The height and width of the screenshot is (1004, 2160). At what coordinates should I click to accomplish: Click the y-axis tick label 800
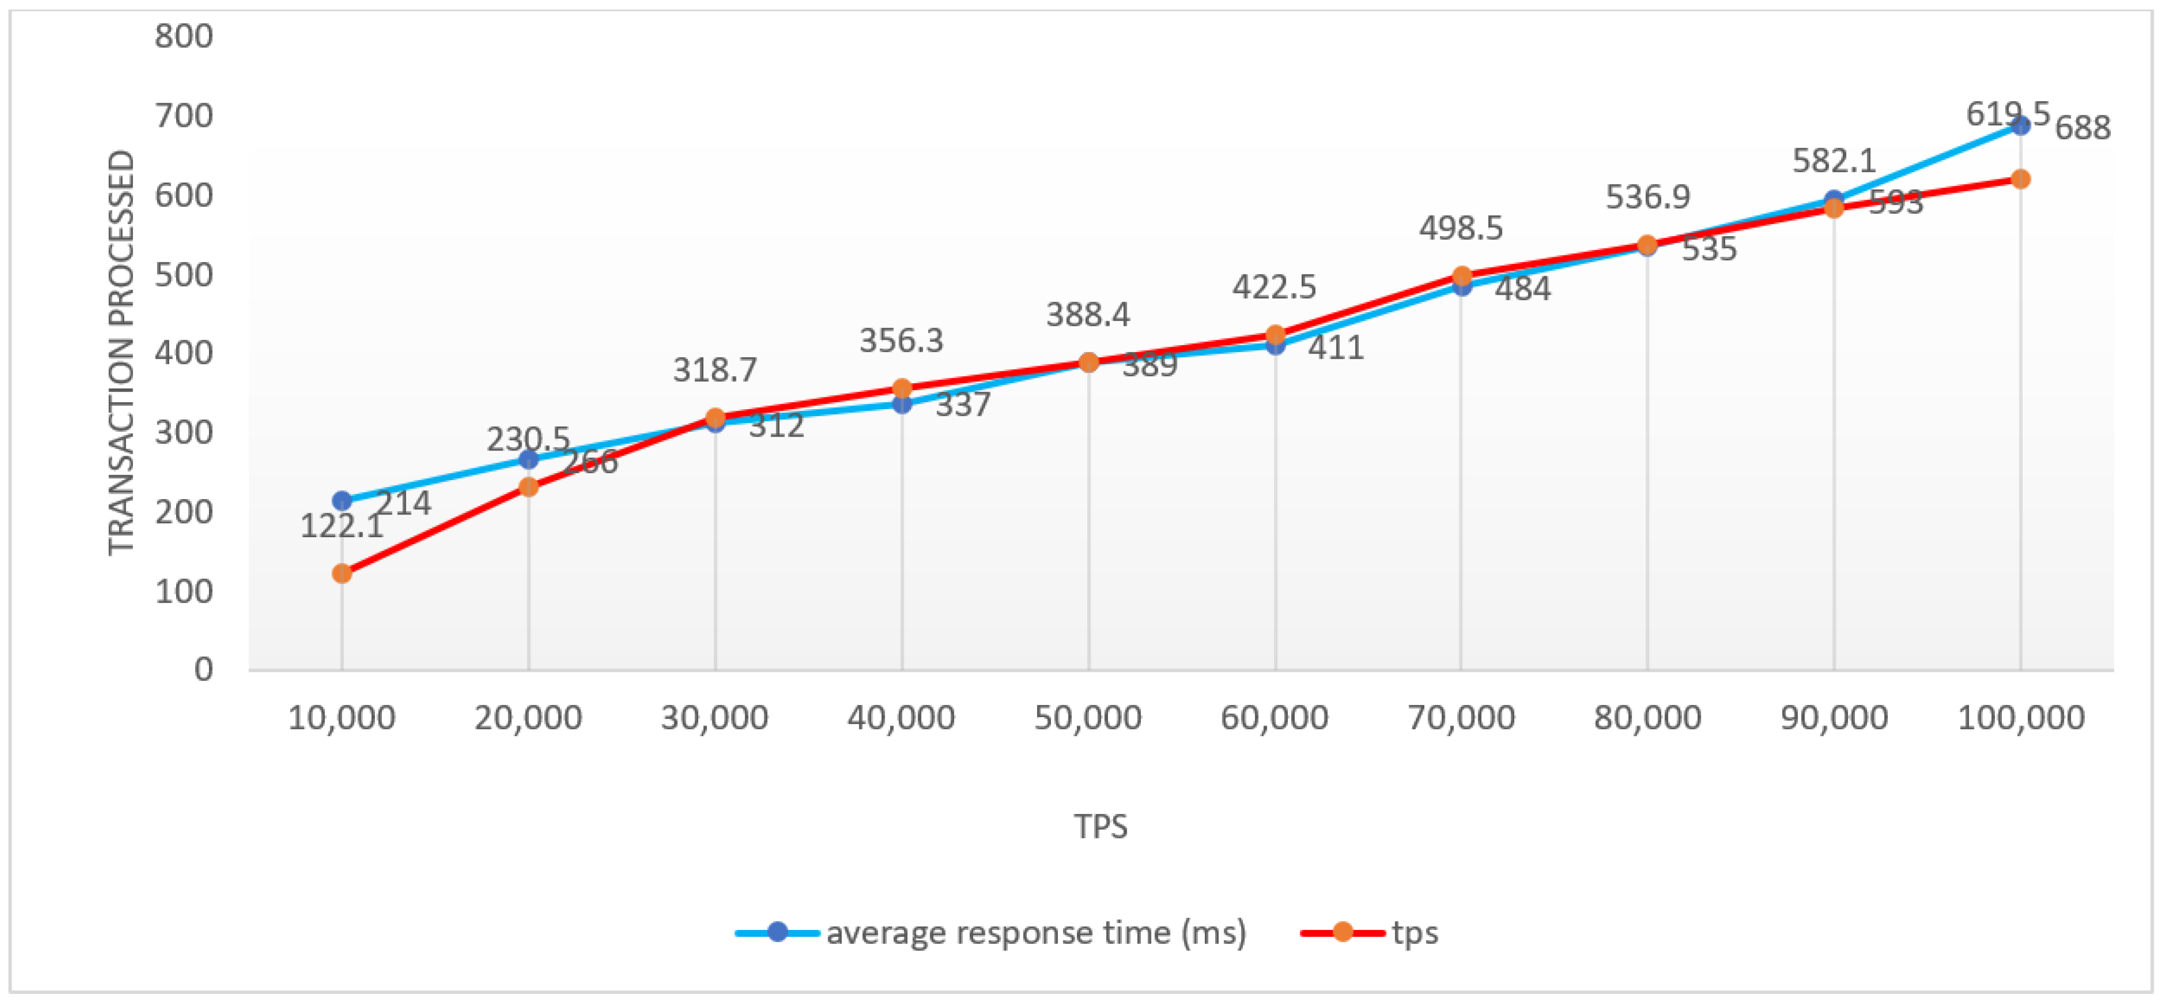coord(184,37)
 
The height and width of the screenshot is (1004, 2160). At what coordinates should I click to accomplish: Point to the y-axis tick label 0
coord(204,670)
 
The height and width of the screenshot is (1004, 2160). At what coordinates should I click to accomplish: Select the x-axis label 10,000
coord(341,718)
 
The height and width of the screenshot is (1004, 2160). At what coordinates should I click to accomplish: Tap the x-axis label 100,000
coord(2021,718)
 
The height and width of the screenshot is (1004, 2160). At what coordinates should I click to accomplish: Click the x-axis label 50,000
coord(1087,718)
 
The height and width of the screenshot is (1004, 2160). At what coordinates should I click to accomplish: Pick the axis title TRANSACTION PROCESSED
coord(122,352)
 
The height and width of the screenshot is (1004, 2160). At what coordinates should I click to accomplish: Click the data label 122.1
coord(341,527)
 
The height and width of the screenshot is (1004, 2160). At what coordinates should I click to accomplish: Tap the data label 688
coord(2083,128)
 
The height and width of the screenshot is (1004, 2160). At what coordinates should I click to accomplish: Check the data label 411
coord(1337,347)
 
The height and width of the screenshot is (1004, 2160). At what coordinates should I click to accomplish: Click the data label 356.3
coord(901,340)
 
